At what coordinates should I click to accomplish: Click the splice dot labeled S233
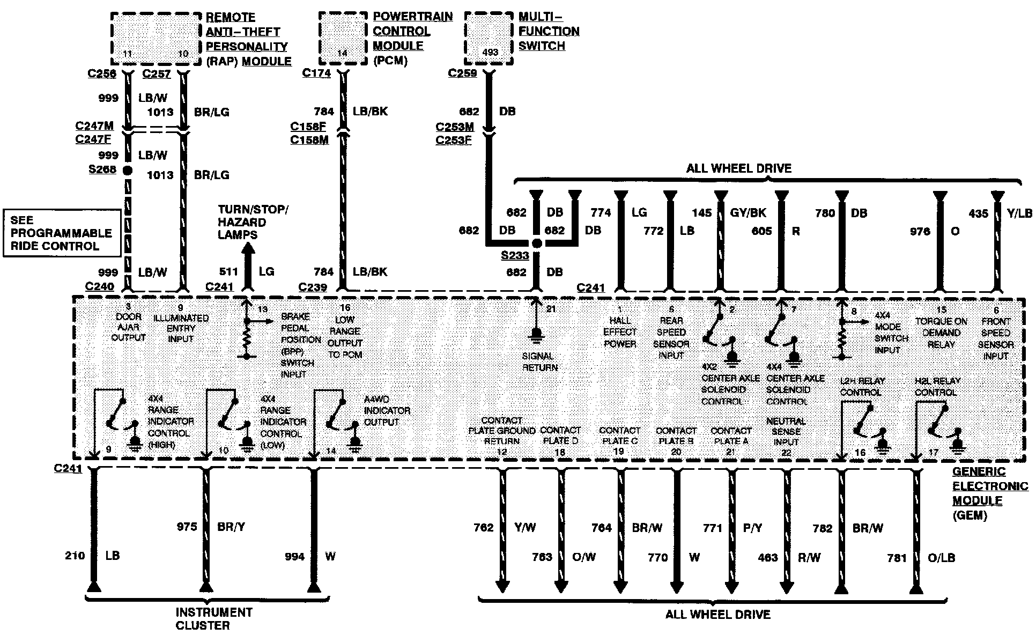pyautogui.click(x=537, y=243)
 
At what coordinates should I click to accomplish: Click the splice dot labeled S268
pyautogui.click(x=128, y=171)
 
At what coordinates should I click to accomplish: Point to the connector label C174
pyautogui.click(x=316, y=73)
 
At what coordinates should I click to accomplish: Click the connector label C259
pyautogui.click(x=462, y=73)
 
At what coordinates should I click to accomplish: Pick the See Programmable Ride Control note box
pyautogui.click(x=62, y=233)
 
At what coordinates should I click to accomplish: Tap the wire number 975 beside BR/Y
pyautogui.click(x=187, y=527)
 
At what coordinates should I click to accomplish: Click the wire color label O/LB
pyautogui.click(x=941, y=558)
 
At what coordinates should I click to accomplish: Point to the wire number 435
pyautogui.click(x=978, y=213)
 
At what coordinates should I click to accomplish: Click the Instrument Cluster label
pyautogui.click(x=213, y=618)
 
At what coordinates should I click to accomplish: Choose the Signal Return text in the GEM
pyautogui.click(x=539, y=361)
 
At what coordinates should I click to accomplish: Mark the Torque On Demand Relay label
pyautogui.click(x=941, y=333)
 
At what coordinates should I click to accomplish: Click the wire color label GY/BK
pyautogui.click(x=748, y=213)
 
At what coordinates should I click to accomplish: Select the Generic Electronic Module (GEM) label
pyautogui.click(x=990, y=493)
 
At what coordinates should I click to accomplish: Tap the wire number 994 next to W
pyautogui.click(x=294, y=557)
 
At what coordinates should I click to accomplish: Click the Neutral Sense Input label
pyautogui.click(x=786, y=432)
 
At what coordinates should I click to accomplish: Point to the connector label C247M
pyautogui.click(x=94, y=126)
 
